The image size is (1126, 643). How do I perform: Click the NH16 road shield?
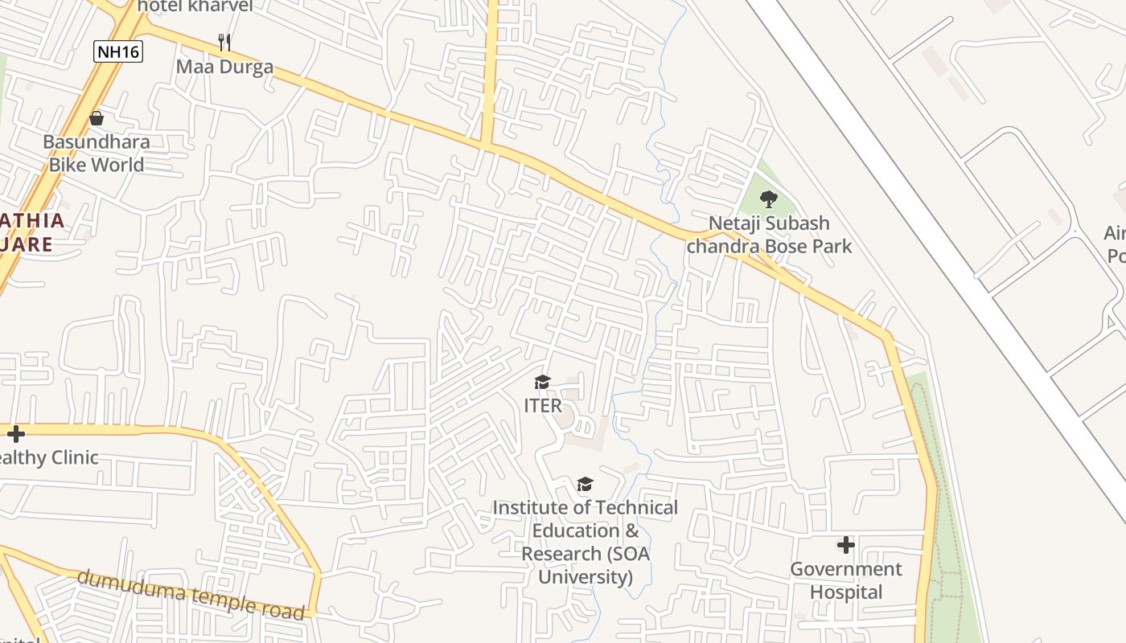117,52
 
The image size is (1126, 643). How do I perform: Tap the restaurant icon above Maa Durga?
225,42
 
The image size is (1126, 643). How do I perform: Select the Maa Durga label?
224,67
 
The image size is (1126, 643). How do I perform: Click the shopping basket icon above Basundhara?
97,119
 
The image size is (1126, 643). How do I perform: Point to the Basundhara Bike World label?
97,154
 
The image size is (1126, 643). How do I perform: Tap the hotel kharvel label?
195,6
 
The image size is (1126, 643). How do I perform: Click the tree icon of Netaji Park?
769,199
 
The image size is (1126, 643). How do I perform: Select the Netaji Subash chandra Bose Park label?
768,234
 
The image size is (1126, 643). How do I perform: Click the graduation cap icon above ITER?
543,382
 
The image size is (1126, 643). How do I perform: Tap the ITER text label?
543,406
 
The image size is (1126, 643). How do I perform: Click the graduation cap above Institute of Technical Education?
585,484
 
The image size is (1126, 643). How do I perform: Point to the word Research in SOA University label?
561,554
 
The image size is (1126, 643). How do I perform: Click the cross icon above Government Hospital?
845,545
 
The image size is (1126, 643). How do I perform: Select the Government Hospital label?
846,580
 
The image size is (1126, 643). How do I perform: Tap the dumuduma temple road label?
191,594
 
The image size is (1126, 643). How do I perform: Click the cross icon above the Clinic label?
15,434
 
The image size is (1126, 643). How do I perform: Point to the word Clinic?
71,458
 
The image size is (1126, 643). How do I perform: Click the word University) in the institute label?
586,577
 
